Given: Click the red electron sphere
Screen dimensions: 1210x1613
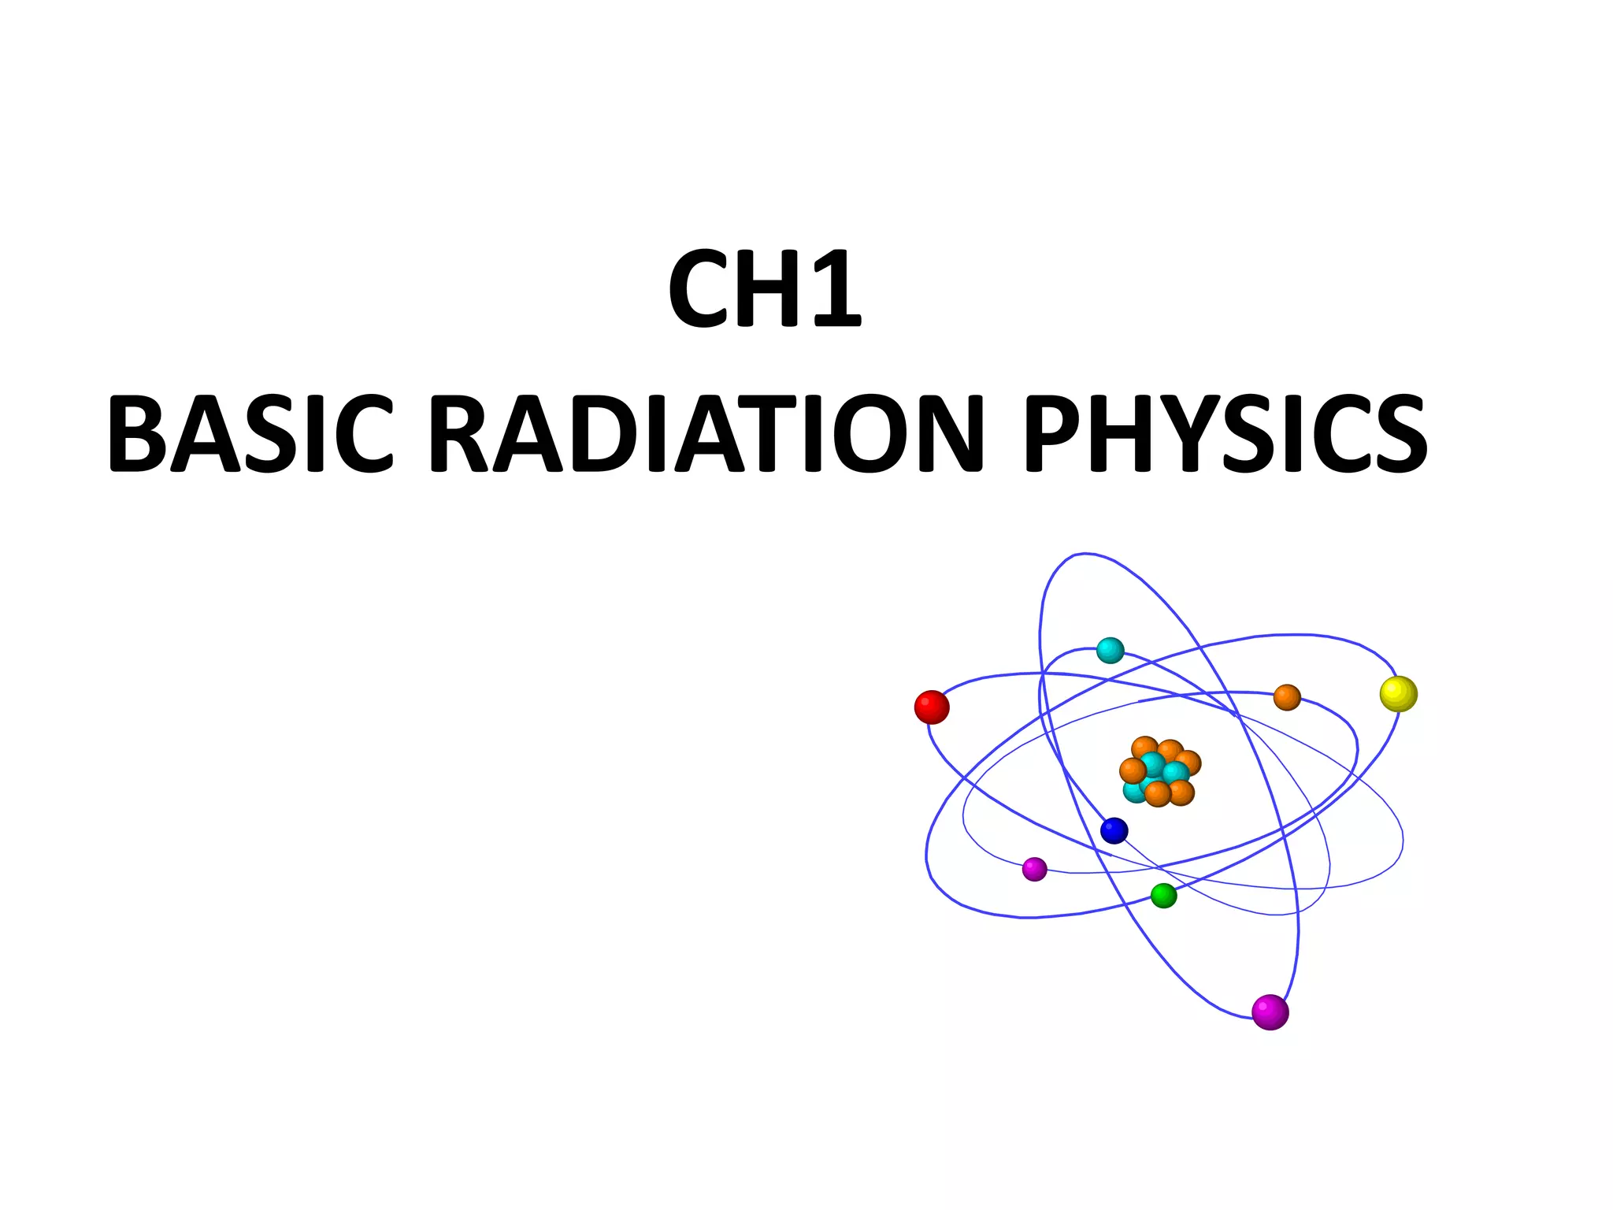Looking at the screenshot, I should [x=932, y=707].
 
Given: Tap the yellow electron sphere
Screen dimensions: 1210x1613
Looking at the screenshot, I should [x=1399, y=694].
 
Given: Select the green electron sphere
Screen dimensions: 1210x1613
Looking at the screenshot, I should [x=1163, y=896].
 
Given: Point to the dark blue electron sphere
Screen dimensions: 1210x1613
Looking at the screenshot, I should [x=1114, y=830].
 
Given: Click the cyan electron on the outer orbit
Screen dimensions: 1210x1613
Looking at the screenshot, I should [x=1110, y=651].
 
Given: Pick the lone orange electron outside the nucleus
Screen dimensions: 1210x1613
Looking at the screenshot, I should [x=1287, y=697].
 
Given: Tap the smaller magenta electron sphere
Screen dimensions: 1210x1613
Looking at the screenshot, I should [x=1034, y=869].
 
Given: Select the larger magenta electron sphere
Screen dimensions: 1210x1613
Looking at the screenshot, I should [x=1270, y=1012].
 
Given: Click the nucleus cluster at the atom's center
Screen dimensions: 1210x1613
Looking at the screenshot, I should [x=1159, y=772].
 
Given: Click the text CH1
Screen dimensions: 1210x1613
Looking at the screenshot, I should [x=765, y=289].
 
